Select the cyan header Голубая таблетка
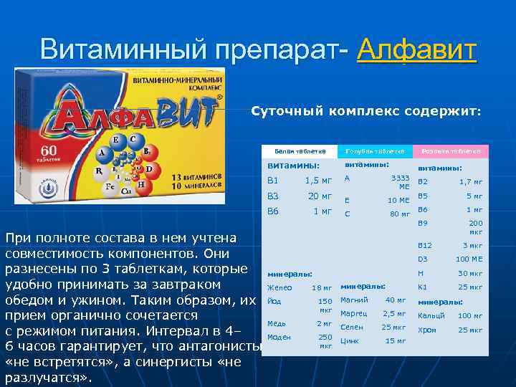click(x=376, y=151)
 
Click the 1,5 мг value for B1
click(x=318, y=180)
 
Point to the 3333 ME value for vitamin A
click(x=399, y=181)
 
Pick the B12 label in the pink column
click(x=425, y=245)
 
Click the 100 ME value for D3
click(x=469, y=259)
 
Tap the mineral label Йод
click(x=274, y=302)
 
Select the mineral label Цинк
click(x=350, y=340)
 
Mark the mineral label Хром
click(x=427, y=330)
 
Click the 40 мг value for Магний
click(x=396, y=300)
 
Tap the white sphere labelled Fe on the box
click(x=111, y=185)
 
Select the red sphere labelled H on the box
click(x=143, y=184)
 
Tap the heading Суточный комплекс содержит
click(x=366, y=112)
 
